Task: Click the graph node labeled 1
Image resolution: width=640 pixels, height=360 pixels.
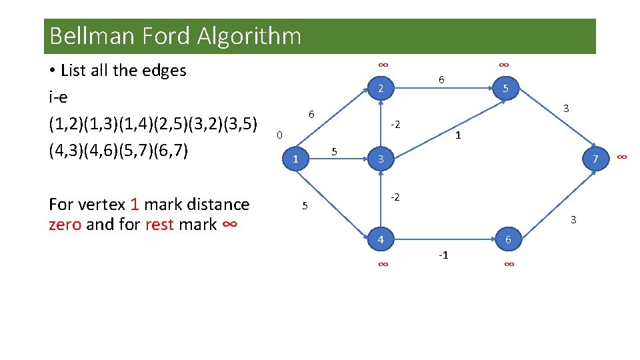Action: tap(295, 159)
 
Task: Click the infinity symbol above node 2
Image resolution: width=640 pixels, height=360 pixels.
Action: tap(383, 65)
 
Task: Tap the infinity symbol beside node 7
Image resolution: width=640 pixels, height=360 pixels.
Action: tap(621, 157)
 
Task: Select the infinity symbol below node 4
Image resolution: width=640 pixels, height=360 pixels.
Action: tap(383, 265)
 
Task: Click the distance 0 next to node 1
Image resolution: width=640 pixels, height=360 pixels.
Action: tap(280, 135)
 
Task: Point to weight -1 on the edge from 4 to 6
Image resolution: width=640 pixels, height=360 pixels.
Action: tap(443, 255)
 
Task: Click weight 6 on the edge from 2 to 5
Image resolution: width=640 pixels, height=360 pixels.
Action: tap(441, 80)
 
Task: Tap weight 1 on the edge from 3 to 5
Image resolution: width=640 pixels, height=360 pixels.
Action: tap(458, 135)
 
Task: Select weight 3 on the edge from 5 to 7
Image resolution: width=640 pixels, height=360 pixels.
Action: tap(565, 108)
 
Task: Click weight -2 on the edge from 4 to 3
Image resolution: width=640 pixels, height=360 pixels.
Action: tap(395, 197)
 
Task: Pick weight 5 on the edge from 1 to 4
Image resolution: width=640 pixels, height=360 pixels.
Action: tap(305, 205)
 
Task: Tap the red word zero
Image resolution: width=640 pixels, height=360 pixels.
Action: tap(65, 224)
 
